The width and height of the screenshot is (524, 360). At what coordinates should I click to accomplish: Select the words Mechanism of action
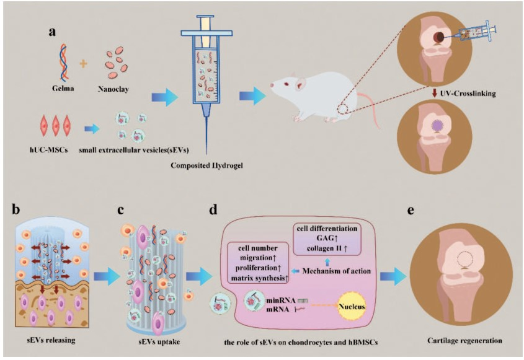pyautogui.click(x=335, y=270)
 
